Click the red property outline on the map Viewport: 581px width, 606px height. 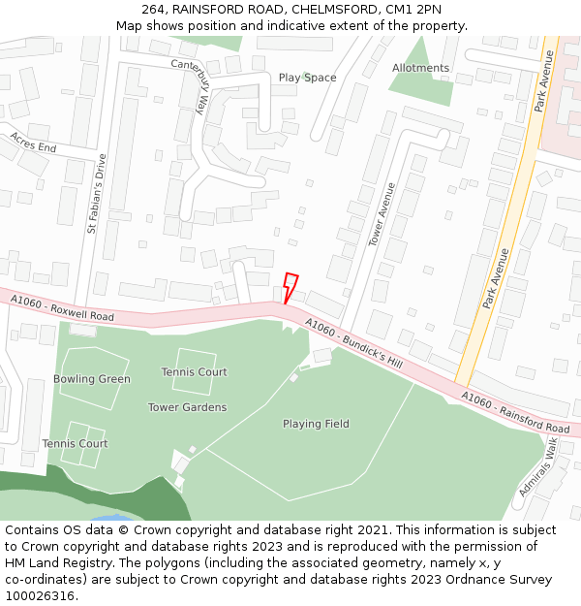[x=290, y=287]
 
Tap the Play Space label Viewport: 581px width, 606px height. [x=307, y=78]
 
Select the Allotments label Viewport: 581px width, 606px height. [x=420, y=68]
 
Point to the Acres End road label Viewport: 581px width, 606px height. [x=33, y=142]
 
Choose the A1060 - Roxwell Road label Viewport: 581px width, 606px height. [x=63, y=309]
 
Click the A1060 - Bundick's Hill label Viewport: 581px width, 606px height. [x=352, y=344]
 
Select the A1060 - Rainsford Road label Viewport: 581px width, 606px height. [x=515, y=412]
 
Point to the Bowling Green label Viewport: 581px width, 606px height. [x=91, y=379]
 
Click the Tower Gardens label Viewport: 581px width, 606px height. [x=187, y=407]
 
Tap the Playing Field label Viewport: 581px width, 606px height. [x=316, y=424]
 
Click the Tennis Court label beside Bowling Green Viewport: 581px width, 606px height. [x=75, y=444]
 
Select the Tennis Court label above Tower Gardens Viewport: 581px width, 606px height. [x=194, y=372]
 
